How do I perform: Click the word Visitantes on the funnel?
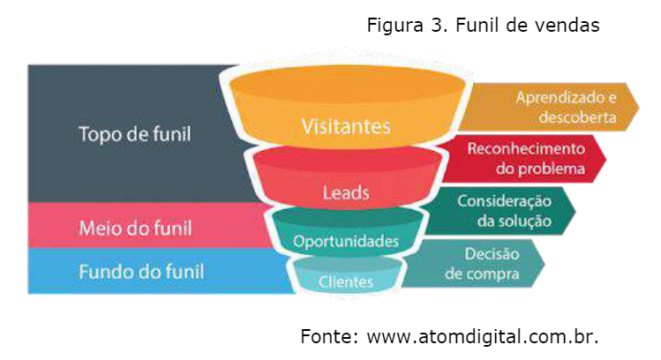pos(346,126)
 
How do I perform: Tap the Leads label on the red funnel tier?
pos(347,191)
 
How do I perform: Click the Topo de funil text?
pos(134,135)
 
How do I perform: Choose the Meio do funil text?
pos(135,228)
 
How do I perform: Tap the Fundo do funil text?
pos(141,271)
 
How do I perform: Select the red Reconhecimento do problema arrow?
pos(530,159)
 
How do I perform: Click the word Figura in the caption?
pos(394,26)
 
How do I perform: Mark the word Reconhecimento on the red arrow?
pos(525,149)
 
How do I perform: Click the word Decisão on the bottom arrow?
pos(492,254)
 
